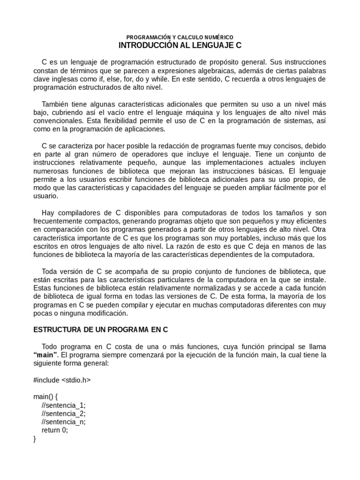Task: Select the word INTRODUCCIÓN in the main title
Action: (145, 46)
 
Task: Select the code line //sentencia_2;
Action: (63, 413)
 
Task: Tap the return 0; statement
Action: (54, 430)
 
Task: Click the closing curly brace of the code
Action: (35, 439)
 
